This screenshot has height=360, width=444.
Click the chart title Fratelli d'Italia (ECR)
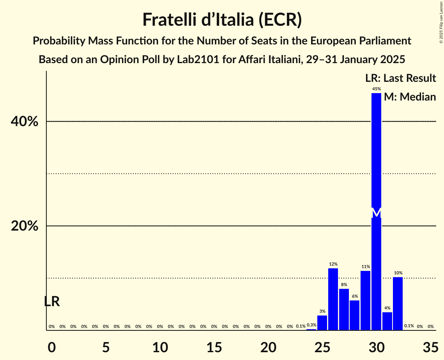[222, 19]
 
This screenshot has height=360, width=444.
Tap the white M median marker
[376, 213]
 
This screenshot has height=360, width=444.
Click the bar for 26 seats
[333, 299]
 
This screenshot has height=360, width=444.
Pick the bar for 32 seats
[398, 304]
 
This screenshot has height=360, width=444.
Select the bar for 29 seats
[365, 300]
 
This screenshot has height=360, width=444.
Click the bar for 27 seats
[344, 309]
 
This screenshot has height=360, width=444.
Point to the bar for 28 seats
[355, 315]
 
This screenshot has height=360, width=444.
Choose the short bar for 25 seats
[322, 323]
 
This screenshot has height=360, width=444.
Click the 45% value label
[376, 89]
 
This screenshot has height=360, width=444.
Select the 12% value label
[333, 264]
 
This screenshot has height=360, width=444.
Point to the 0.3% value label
[311, 325]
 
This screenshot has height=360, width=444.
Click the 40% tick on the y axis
[24, 122]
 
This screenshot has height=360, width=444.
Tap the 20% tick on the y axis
[24, 226]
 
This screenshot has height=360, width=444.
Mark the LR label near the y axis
[51, 302]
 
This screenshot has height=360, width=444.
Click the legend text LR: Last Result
[400, 78]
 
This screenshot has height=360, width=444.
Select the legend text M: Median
[410, 97]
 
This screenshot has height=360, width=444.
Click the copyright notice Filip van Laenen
[441, 21]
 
